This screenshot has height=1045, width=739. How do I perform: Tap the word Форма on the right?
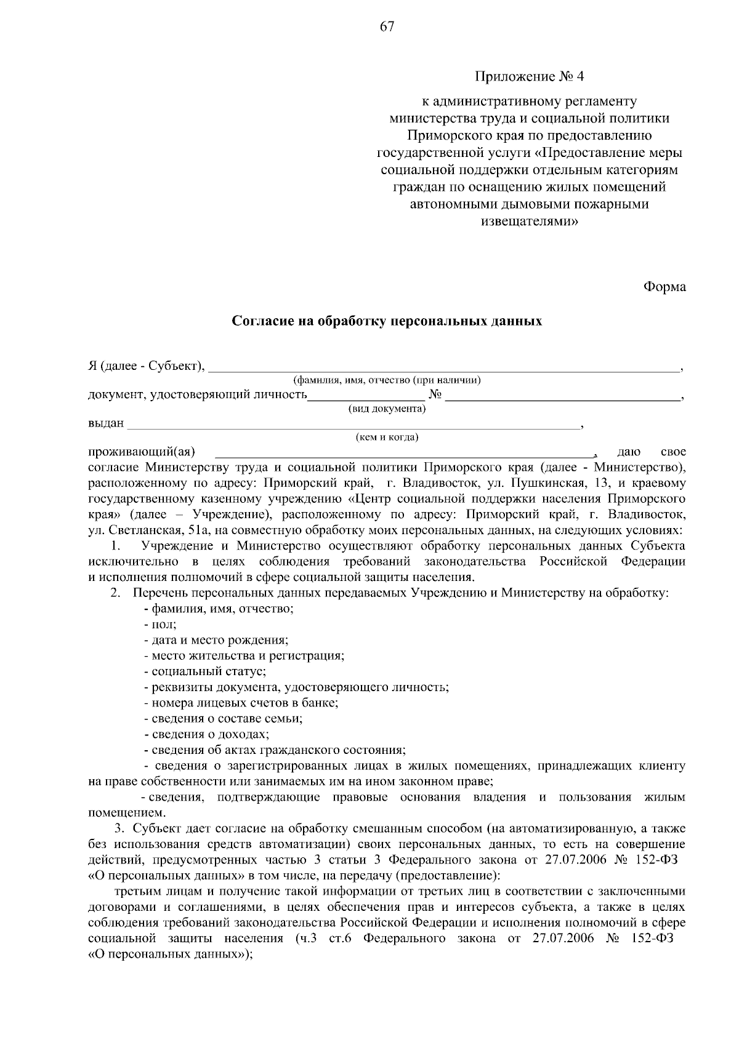coord(664,287)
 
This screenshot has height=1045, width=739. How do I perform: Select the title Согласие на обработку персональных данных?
coord(387,321)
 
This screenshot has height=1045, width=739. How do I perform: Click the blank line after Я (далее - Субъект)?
coord(443,368)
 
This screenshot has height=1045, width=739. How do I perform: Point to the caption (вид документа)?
coord(387,408)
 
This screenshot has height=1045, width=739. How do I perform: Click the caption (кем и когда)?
coord(387,437)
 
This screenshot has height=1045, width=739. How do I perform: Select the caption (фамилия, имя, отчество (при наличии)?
coord(387,380)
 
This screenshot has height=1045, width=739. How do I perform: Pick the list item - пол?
coord(160,624)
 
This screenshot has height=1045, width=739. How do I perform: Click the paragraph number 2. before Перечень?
coord(115,593)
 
